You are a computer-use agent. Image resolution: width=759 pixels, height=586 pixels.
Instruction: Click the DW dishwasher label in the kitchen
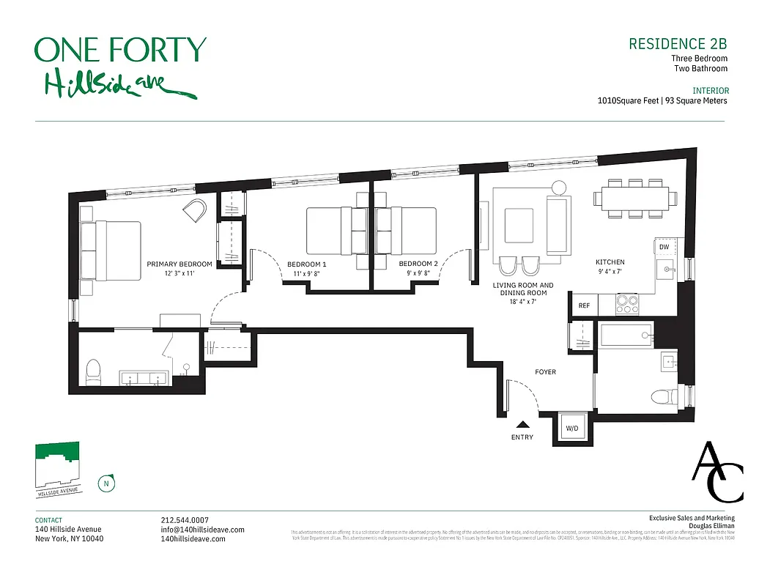(x=664, y=248)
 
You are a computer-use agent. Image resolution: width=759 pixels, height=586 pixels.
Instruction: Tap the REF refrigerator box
(x=584, y=305)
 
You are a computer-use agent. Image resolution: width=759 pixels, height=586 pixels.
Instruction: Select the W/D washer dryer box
(x=572, y=428)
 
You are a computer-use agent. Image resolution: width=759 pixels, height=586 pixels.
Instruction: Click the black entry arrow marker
(x=523, y=423)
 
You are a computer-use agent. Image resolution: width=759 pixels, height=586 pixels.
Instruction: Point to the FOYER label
(x=545, y=372)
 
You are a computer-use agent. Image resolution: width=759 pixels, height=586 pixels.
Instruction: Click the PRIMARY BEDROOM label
(x=179, y=264)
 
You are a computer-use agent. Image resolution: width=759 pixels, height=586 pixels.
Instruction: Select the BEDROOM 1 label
(x=306, y=264)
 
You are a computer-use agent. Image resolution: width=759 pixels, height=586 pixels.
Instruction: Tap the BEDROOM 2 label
(x=418, y=264)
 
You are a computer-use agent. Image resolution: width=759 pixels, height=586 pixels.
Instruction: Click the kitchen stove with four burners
(x=627, y=304)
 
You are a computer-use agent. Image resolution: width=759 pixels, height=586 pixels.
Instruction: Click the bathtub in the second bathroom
(x=626, y=336)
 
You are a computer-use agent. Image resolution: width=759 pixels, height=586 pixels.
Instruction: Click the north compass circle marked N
(x=106, y=483)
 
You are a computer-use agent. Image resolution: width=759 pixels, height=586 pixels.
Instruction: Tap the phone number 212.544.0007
(x=185, y=520)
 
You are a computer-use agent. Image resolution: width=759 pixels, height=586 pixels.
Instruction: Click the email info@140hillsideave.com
(x=202, y=530)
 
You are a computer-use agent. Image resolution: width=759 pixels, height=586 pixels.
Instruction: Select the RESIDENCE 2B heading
(x=678, y=44)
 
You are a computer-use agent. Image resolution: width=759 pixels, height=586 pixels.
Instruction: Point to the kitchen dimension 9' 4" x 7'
(x=610, y=272)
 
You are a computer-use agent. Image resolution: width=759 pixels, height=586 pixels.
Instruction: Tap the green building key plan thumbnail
(x=57, y=461)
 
